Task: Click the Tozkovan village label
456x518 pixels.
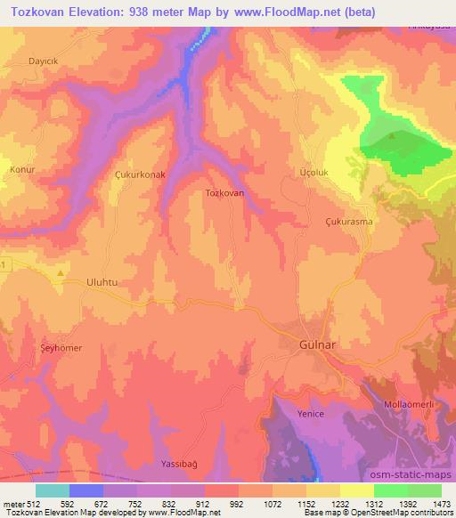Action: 224,192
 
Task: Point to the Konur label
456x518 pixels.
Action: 21,168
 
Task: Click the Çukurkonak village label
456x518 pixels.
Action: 141,175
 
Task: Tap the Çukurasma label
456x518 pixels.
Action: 348,221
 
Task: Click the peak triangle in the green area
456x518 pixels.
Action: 394,136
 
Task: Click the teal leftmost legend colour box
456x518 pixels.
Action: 53,490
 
